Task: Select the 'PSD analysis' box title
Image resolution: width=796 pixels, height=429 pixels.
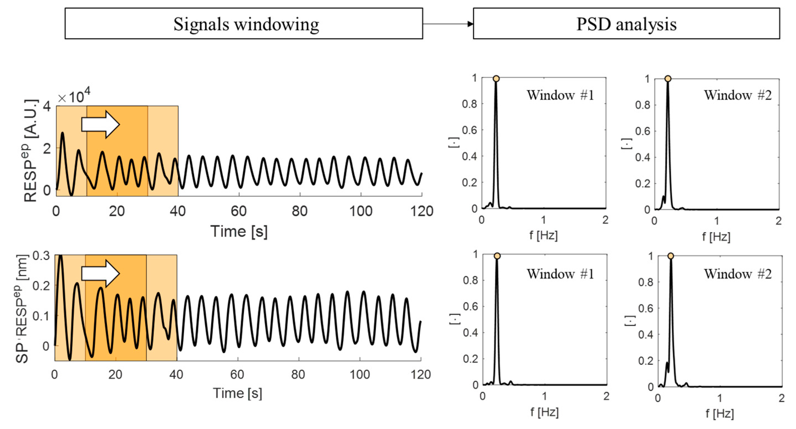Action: pyautogui.click(x=626, y=24)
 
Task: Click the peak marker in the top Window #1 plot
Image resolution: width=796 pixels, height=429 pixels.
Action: pyautogui.click(x=496, y=79)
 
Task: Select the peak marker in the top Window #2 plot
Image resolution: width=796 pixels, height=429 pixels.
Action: pyautogui.click(x=668, y=79)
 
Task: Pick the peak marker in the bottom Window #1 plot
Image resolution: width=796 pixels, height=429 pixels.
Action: pyautogui.click(x=497, y=256)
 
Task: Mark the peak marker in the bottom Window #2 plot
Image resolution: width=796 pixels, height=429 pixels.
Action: pyautogui.click(x=670, y=256)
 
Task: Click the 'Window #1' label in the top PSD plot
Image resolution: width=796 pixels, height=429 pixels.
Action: pyautogui.click(x=560, y=95)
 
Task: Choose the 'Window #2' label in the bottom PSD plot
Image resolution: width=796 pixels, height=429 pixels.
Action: pyautogui.click(x=738, y=274)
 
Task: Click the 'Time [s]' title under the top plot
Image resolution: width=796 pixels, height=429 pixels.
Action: pyautogui.click(x=239, y=231)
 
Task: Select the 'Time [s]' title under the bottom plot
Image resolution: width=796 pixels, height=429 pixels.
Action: pyautogui.click(x=237, y=393)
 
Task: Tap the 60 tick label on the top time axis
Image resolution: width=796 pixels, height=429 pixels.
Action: pyautogui.click(x=239, y=211)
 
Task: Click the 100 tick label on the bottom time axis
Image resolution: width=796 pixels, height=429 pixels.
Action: pyautogui.click(x=360, y=375)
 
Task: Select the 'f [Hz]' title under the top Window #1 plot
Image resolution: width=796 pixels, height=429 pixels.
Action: pyautogui.click(x=543, y=236)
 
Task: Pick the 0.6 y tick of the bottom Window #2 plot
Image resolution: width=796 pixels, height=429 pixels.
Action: pyautogui.click(x=646, y=308)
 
